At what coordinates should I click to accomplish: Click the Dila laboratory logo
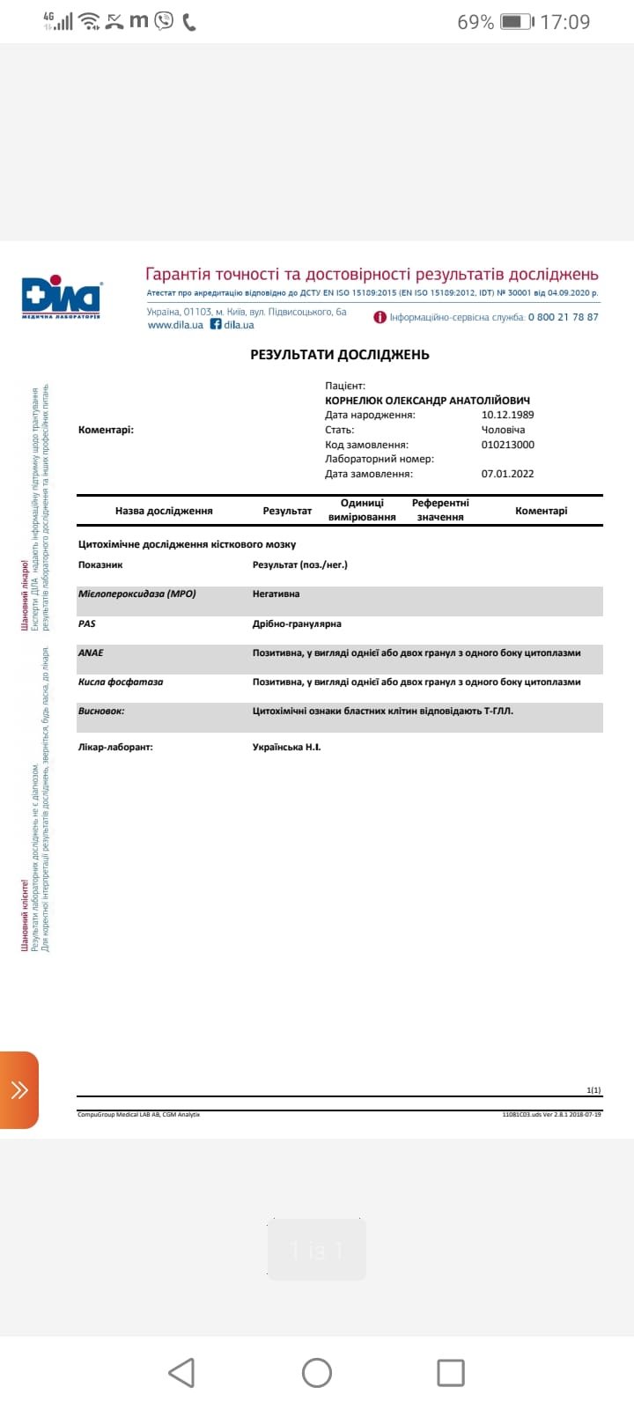(62, 298)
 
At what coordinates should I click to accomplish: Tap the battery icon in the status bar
(515, 22)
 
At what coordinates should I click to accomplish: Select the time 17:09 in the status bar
(564, 22)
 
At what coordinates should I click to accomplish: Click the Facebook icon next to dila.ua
(216, 324)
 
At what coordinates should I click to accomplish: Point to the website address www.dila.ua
(175, 325)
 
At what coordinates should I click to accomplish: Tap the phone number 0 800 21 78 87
(563, 317)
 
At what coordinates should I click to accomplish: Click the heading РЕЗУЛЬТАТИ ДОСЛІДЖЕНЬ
(340, 355)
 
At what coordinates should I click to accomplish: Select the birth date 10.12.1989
(507, 415)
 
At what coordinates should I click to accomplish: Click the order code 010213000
(507, 445)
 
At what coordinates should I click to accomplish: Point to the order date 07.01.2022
(507, 474)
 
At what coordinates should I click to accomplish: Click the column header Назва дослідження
(164, 511)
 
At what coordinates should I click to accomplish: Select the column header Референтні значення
(440, 510)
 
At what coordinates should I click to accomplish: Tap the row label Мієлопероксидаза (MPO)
(137, 594)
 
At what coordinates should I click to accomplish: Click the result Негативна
(276, 594)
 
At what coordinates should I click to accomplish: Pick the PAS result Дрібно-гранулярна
(297, 623)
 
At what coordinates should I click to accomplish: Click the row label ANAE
(91, 653)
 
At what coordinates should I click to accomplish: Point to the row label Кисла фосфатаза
(121, 682)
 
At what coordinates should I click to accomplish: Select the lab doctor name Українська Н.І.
(286, 747)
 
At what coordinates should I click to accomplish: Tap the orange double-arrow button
(19, 1090)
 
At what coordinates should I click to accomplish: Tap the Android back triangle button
(181, 1373)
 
